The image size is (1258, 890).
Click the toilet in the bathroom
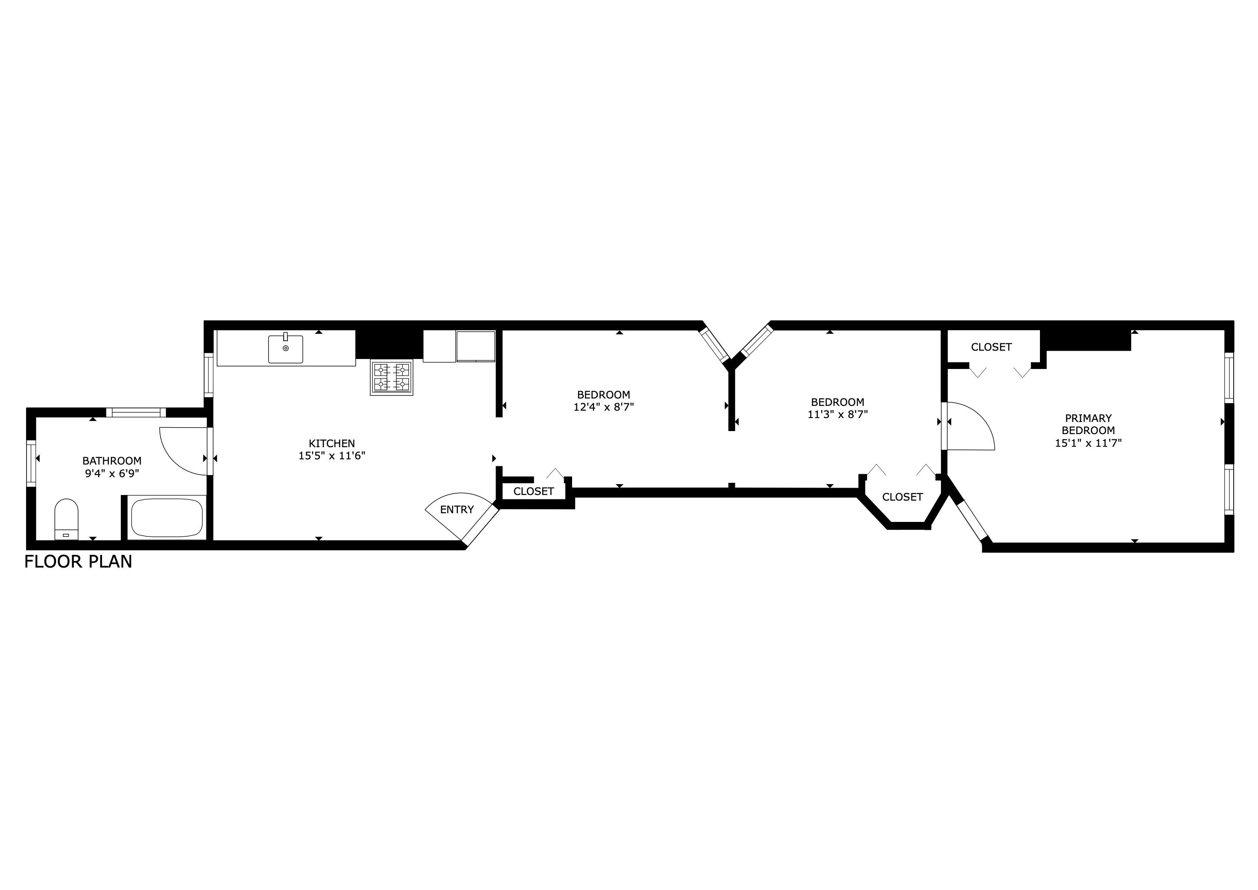(x=66, y=518)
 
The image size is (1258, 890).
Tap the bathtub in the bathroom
(x=166, y=517)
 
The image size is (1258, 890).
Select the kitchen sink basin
(x=285, y=349)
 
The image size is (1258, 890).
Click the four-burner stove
(x=391, y=377)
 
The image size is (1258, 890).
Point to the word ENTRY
(x=457, y=510)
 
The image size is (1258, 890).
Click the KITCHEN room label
(x=331, y=443)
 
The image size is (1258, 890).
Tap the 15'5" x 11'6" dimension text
(x=331, y=455)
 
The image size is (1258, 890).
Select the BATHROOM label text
(x=112, y=461)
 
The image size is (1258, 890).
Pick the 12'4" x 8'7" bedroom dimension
(x=603, y=407)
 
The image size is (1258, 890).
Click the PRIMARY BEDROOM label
(x=1088, y=424)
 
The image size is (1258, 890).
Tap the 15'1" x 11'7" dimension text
(x=1088, y=443)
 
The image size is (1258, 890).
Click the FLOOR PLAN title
(x=78, y=562)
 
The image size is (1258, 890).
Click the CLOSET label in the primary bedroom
(x=991, y=347)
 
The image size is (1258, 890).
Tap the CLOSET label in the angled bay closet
(x=902, y=497)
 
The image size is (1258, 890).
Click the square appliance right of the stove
(x=476, y=346)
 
